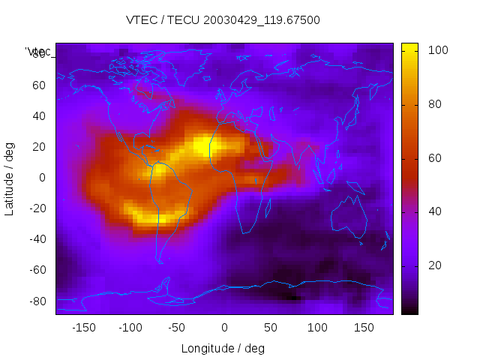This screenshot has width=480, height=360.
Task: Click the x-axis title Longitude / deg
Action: tap(223, 348)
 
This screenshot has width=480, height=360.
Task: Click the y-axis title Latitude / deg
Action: tap(10, 178)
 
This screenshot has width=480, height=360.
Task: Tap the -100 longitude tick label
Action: tap(130, 328)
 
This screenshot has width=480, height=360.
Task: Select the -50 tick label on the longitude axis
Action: tap(177, 328)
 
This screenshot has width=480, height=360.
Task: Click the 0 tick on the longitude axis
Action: tap(224, 328)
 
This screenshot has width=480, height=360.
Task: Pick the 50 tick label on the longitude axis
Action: tap(271, 328)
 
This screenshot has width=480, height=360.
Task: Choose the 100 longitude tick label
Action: tap(317, 328)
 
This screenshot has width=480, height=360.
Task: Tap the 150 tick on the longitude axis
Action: tap(364, 328)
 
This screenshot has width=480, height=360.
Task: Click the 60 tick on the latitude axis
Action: tap(39, 85)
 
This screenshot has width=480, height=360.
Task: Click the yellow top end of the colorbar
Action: tap(409, 47)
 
